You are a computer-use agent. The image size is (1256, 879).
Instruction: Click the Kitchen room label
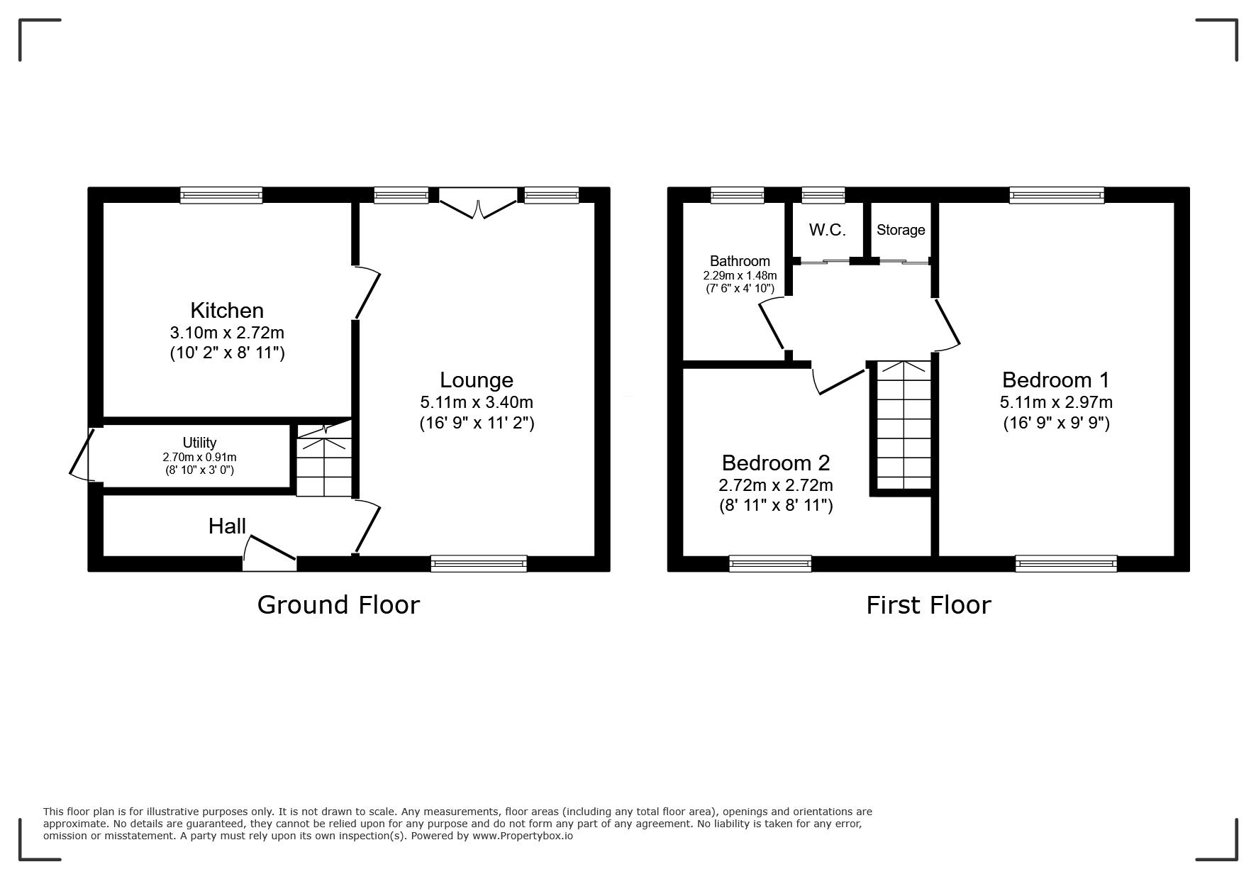point(227,310)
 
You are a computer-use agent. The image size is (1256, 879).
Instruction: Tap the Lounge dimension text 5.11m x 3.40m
point(477,402)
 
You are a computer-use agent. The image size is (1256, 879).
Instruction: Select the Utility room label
point(199,443)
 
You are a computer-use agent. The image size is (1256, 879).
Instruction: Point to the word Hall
point(227,526)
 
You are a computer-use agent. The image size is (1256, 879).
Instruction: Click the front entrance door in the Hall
point(269,553)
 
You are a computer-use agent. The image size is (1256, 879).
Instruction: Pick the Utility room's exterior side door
point(82,454)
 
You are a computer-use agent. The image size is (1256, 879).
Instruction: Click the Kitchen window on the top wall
point(221,195)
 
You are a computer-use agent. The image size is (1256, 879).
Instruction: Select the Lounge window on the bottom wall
point(479,563)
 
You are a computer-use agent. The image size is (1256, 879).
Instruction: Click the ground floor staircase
point(324,460)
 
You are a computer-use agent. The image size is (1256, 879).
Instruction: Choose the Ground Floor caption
point(338,604)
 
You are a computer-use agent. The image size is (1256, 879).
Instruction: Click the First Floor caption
point(928,604)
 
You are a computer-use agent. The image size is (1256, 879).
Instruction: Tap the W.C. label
point(828,230)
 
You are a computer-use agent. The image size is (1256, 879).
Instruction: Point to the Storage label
point(901,230)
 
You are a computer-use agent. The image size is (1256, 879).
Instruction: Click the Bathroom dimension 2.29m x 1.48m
point(740,275)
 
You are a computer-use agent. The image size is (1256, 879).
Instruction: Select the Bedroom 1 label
point(1055,380)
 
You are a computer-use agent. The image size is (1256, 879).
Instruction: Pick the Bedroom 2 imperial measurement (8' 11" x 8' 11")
point(776,505)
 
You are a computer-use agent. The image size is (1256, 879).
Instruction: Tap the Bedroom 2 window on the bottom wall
point(770,563)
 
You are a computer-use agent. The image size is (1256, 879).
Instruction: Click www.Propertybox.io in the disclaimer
point(523,836)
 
